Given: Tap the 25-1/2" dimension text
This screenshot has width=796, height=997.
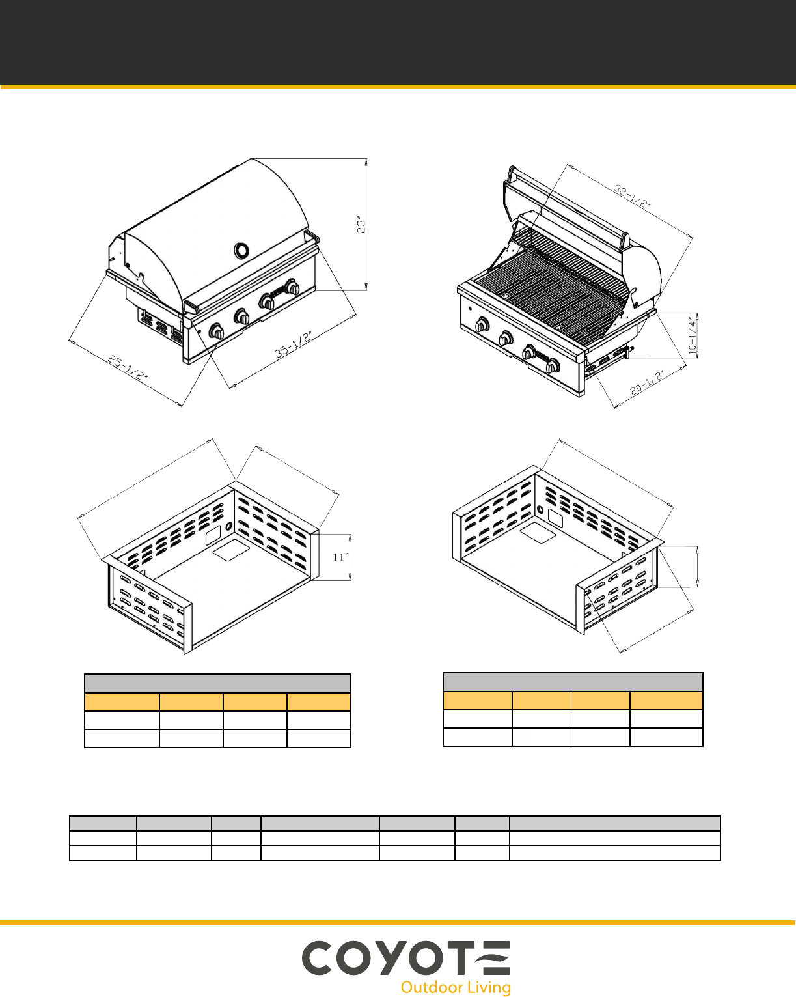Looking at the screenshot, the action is pyautogui.click(x=128, y=367).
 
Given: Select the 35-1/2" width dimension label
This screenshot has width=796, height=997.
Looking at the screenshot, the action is pyautogui.click(x=294, y=344).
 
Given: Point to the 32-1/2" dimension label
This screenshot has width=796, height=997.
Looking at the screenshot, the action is pyautogui.click(x=633, y=196).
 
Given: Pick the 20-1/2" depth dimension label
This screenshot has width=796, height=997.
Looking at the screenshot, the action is pyautogui.click(x=648, y=383).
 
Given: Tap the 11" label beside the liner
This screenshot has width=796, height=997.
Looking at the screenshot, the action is pyautogui.click(x=340, y=557).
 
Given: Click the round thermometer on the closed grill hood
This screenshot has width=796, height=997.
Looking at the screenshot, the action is pyautogui.click(x=241, y=250).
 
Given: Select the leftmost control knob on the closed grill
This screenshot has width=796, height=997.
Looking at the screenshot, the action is pyautogui.click(x=217, y=331).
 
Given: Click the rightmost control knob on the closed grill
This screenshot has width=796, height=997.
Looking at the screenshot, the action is pyautogui.click(x=292, y=287).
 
